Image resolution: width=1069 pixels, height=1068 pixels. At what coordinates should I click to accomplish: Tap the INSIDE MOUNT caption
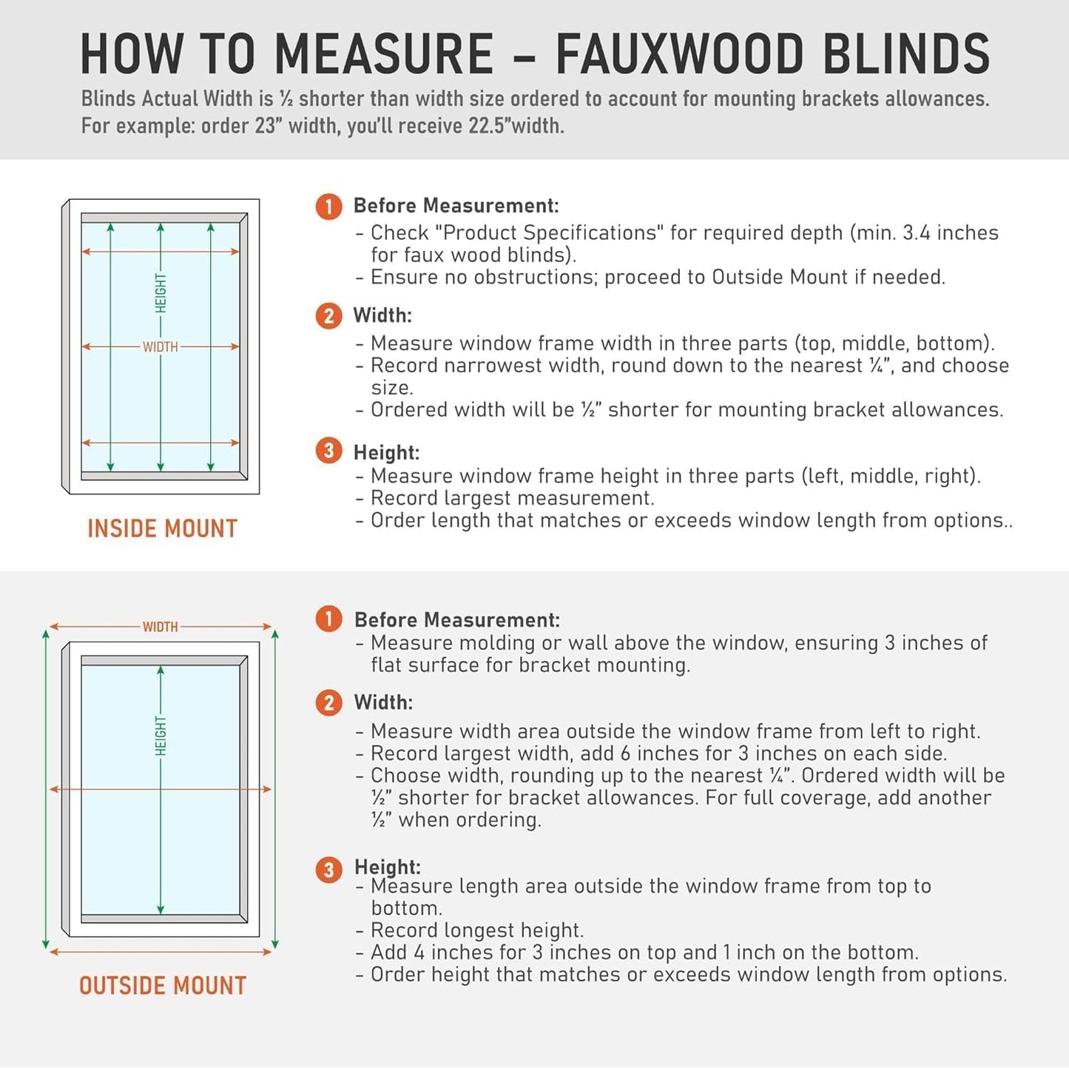pyautogui.click(x=163, y=528)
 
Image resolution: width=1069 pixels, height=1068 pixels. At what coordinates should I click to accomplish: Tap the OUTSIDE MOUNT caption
pyautogui.click(x=163, y=986)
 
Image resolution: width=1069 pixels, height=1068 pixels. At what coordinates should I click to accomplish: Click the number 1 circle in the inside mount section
pyautogui.click(x=328, y=206)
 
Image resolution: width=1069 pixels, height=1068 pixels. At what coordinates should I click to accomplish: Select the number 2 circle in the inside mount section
pyautogui.click(x=328, y=316)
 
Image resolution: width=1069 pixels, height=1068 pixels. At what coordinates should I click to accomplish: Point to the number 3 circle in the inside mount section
pyautogui.click(x=328, y=451)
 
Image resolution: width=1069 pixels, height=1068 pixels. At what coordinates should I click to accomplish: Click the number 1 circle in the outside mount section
pyautogui.click(x=328, y=619)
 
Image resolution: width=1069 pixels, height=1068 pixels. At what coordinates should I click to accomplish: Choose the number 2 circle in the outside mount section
pyautogui.click(x=328, y=702)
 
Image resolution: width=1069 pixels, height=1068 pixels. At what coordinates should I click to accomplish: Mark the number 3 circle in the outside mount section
pyautogui.click(x=328, y=869)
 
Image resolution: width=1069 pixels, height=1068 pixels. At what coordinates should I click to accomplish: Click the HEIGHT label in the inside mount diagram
pyautogui.click(x=161, y=293)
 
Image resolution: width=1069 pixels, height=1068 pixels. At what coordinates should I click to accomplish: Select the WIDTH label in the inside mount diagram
pyautogui.click(x=161, y=346)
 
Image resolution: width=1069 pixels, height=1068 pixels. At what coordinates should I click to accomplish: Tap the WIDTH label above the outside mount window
pyautogui.click(x=161, y=627)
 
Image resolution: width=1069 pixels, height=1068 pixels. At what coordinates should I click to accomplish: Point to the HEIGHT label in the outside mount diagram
pyautogui.click(x=161, y=736)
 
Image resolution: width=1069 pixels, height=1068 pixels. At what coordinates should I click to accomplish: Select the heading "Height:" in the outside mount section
pyautogui.click(x=388, y=867)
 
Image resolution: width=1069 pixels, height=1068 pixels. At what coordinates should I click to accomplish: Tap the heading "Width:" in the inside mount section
pyautogui.click(x=382, y=315)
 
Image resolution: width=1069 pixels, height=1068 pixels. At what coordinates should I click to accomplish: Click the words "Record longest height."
pyautogui.click(x=477, y=930)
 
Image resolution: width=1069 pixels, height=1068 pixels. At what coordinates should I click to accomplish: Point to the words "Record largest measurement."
pyautogui.click(x=512, y=498)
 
